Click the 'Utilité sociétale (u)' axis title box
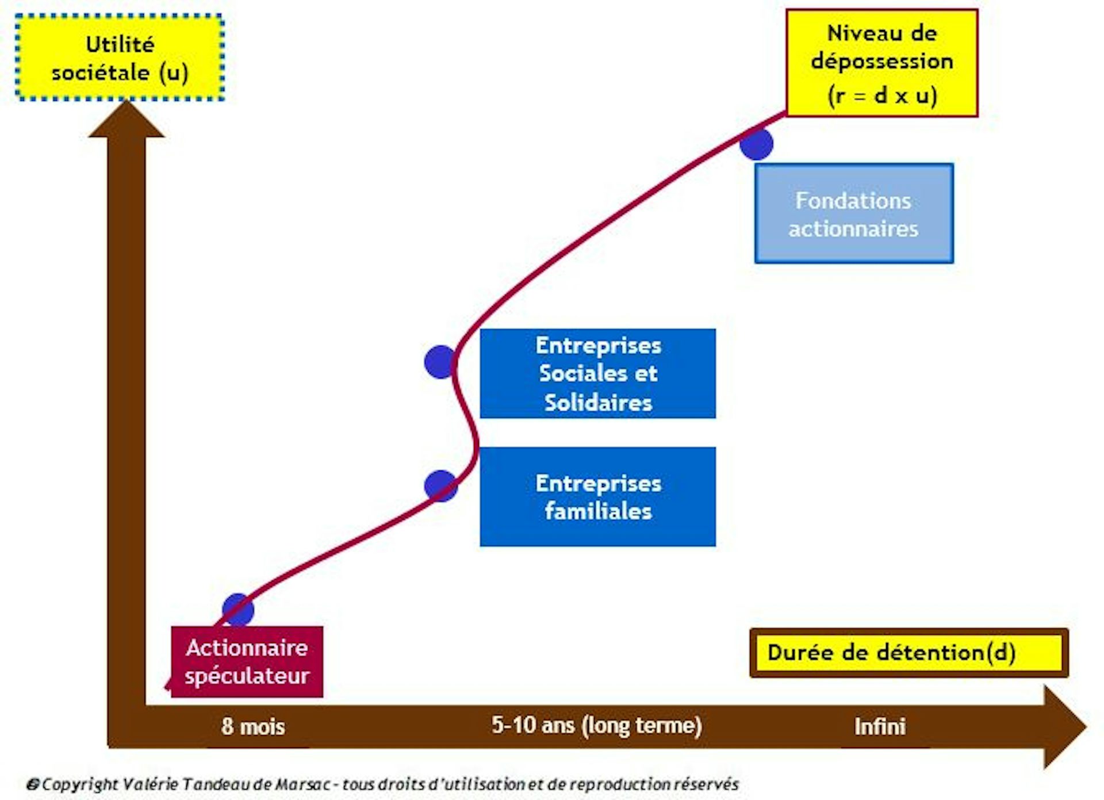click(120, 58)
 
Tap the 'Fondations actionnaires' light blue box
click(854, 214)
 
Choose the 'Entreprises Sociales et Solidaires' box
click(597, 373)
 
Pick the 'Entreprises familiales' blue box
click(597, 496)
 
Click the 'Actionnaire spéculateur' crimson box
click(247, 661)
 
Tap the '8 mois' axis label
click(253, 726)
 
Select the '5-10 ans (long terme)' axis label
click(597, 725)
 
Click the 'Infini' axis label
click(880, 726)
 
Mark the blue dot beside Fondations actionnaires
click(757, 144)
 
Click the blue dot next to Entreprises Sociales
click(440, 362)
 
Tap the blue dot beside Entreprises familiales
click(440, 486)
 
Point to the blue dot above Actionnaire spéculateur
click(238, 610)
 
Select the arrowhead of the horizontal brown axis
click(1064, 727)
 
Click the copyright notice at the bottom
click(382, 784)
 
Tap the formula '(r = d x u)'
click(882, 95)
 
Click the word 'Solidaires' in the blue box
click(598, 402)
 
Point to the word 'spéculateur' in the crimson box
click(247, 676)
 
